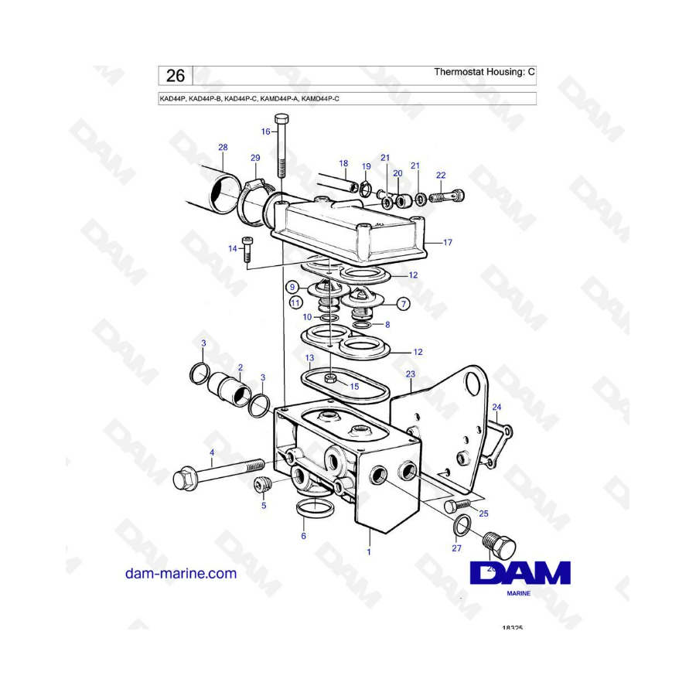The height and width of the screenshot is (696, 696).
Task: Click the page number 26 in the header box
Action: pyautogui.click(x=176, y=76)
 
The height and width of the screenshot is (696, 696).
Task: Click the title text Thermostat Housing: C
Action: pyautogui.click(x=484, y=73)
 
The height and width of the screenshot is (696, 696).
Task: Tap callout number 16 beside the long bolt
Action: pyautogui.click(x=265, y=131)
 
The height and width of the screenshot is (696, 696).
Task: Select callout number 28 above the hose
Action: pyautogui.click(x=223, y=148)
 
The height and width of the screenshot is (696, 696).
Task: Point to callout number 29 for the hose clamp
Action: pyautogui.click(x=255, y=158)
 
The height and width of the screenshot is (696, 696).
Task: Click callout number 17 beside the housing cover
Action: pyautogui.click(x=447, y=243)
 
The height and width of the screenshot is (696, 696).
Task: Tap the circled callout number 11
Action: pyautogui.click(x=295, y=303)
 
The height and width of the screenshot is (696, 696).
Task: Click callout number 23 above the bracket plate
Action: pyautogui.click(x=410, y=374)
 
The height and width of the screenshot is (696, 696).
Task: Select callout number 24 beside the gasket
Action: pyautogui.click(x=496, y=407)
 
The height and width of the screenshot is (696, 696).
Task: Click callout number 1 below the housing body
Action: pyautogui.click(x=369, y=552)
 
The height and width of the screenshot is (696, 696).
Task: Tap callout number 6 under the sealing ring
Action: pyautogui.click(x=303, y=535)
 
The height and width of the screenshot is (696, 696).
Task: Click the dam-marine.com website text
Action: pyautogui.click(x=181, y=573)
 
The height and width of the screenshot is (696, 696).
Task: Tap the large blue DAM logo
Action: pyautogui.click(x=520, y=573)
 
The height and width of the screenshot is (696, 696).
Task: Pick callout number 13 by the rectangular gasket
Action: pyautogui.click(x=309, y=358)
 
